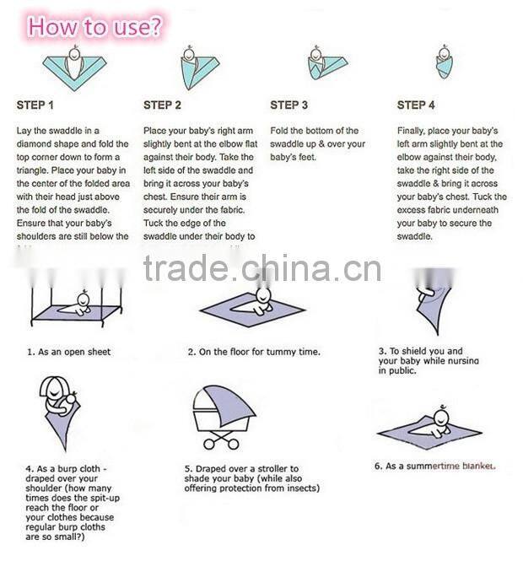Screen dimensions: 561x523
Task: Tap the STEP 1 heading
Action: (35, 105)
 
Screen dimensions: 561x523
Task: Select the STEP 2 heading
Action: (162, 105)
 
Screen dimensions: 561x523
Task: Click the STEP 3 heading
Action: (288, 105)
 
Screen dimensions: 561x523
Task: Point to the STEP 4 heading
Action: (416, 105)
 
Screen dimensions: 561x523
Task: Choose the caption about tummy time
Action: (254, 352)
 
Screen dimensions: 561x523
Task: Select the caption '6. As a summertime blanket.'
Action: (434, 466)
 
